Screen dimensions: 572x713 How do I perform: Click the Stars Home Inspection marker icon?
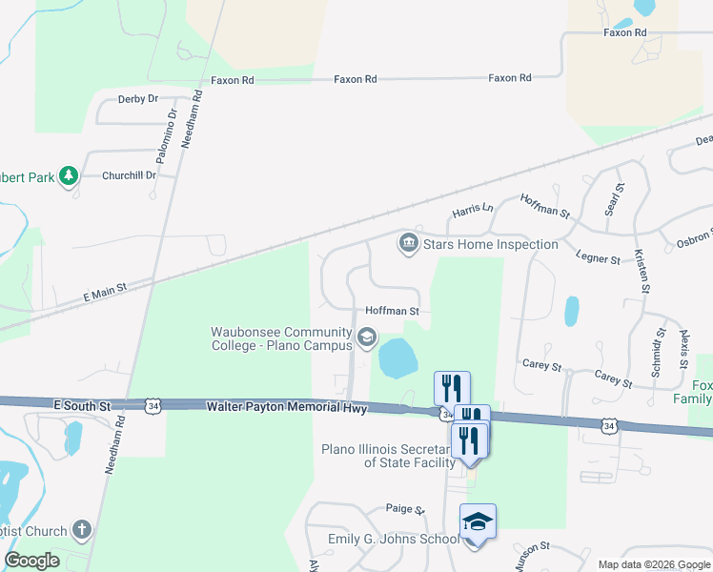coord(409,244)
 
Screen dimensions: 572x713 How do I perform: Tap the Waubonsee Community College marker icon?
coord(366,337)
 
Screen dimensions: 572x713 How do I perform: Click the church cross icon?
coord(83,530)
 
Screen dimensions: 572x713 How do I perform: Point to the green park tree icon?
coord(68,176)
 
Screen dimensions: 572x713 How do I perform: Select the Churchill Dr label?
coord(130,175)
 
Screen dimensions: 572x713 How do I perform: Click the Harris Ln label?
coord(473,209)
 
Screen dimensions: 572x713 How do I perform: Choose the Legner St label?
coord(598,257)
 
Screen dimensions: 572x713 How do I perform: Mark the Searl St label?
coord(612,200)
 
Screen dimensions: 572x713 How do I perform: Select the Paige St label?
coord(404,509)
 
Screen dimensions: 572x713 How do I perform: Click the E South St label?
coord(83,406)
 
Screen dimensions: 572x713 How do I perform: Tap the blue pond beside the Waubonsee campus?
coord(398,359)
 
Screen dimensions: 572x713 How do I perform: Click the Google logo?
coord(31,561)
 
